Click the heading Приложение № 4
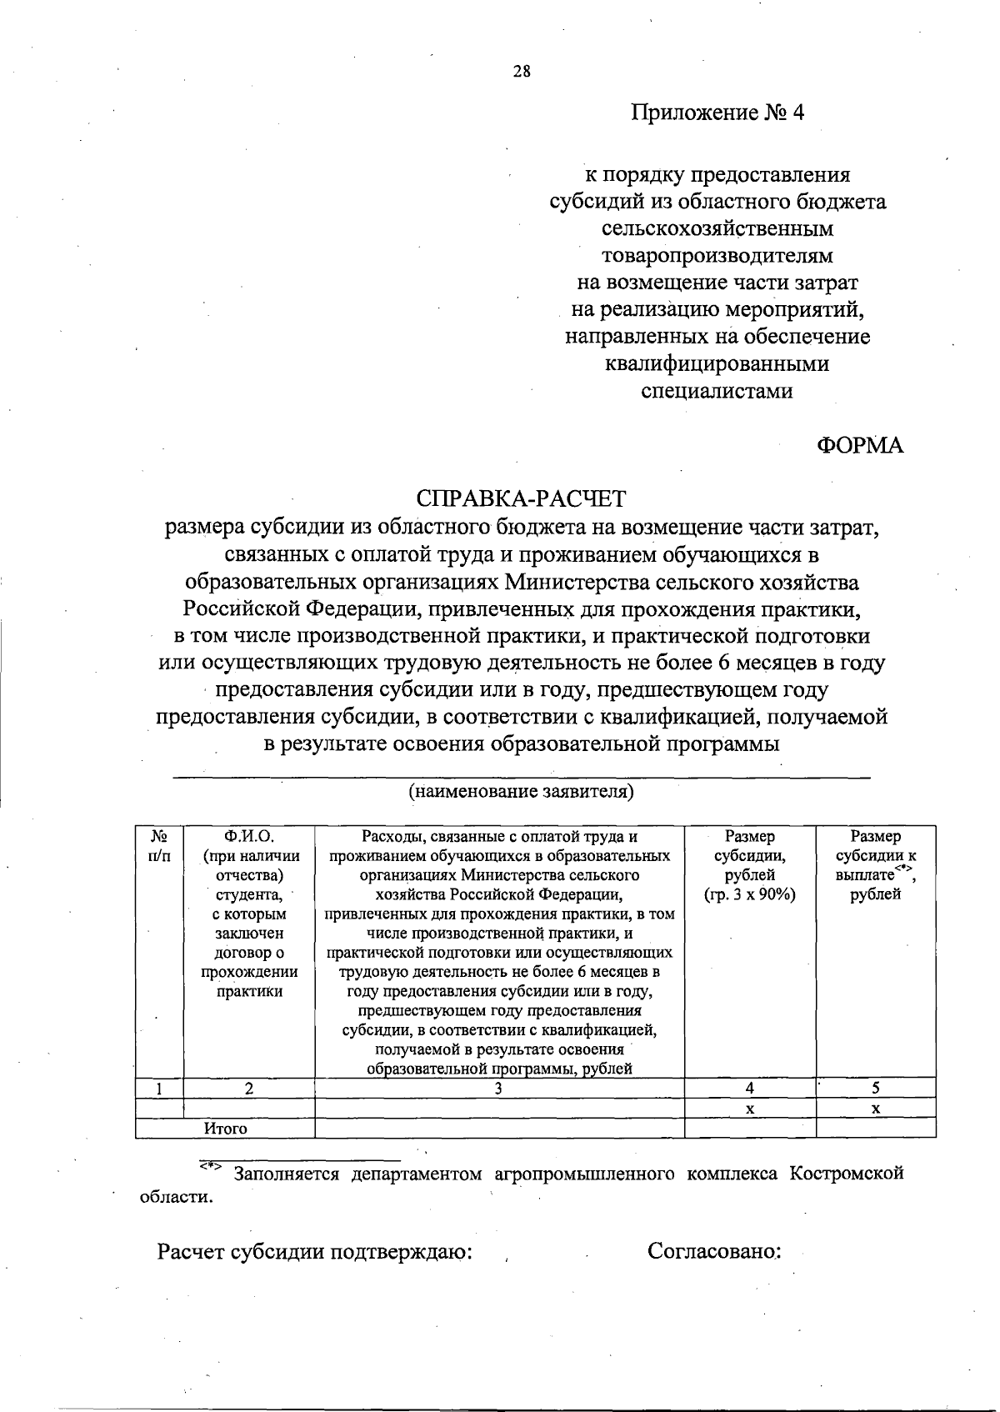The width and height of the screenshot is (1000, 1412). pos(717,113)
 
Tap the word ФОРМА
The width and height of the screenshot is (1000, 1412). pos(859,445)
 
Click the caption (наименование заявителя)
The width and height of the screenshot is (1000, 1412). pos(521,791)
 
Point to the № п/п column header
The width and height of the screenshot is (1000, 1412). pos(159,845)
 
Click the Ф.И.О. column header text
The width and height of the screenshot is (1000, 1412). pos(249,836)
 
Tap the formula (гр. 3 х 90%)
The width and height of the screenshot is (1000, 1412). pos(749,894)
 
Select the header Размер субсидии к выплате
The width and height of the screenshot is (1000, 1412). pos(875,864)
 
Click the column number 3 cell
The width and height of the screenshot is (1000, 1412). pos(498,1088)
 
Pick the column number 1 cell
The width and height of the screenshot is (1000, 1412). pos(158,1088)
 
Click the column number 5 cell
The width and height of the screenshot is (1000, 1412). pos(876,1088)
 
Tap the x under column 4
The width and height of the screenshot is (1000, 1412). pos(750,1109)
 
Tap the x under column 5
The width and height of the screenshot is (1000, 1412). pos(876,1109)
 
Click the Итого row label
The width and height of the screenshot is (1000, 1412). pos(226,1129)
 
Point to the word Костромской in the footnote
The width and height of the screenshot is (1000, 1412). pos(847,1174)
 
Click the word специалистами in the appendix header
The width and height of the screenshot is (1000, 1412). pos(717,390)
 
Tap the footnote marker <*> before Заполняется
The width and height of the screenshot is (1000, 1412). pos(210,1168)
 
